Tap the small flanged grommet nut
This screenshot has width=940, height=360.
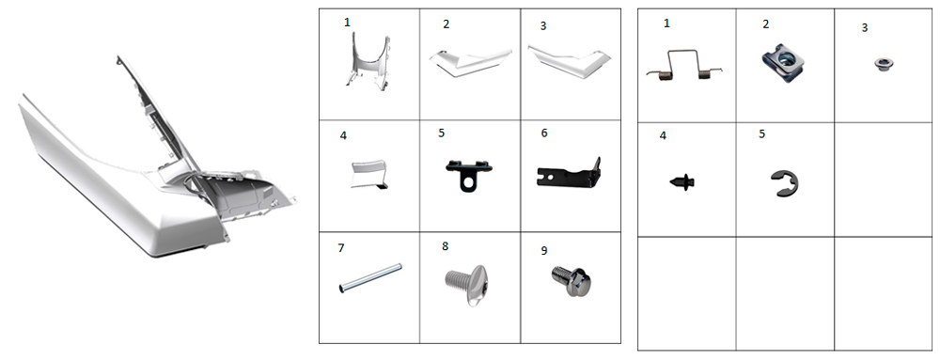pos(881,63)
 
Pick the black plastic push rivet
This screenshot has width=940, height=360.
pos(681,180)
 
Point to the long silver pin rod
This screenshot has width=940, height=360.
pos(369,278)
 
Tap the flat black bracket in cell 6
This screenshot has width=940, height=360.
pos(569,174)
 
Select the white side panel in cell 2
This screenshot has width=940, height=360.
pos(470,61)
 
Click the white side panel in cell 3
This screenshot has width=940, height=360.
pos(569,62)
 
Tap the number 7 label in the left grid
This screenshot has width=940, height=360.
pos(341,247)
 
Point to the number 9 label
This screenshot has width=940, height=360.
pos(543,250)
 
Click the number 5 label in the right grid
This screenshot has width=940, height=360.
pos(762,133)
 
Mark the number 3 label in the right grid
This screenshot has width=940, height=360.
pos(864,27)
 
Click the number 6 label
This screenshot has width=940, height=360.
pos(543,133)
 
